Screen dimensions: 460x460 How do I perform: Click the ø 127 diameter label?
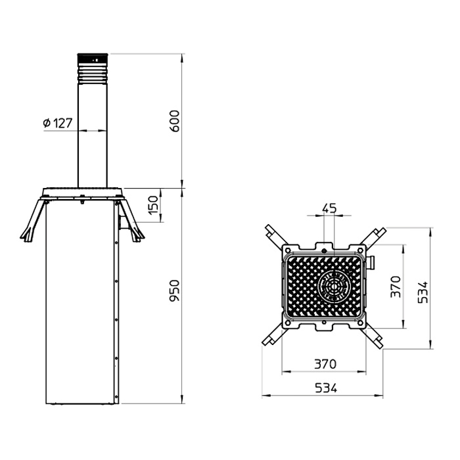coord(58,123)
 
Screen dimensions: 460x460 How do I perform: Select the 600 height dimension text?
coord(175,121)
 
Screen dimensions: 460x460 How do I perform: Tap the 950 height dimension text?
coord(175,290)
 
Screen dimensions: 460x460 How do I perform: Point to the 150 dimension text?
coord(153,205)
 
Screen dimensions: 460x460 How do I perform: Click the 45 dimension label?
coord(329,208)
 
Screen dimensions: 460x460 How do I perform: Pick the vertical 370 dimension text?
coord(396,287)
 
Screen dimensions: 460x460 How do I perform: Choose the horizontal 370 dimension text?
coord(325,364)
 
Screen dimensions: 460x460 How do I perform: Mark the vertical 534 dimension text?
coord(423,292)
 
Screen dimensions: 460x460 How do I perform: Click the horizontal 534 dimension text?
coord(326,388)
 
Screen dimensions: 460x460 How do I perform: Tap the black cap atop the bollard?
coord(93,60)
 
